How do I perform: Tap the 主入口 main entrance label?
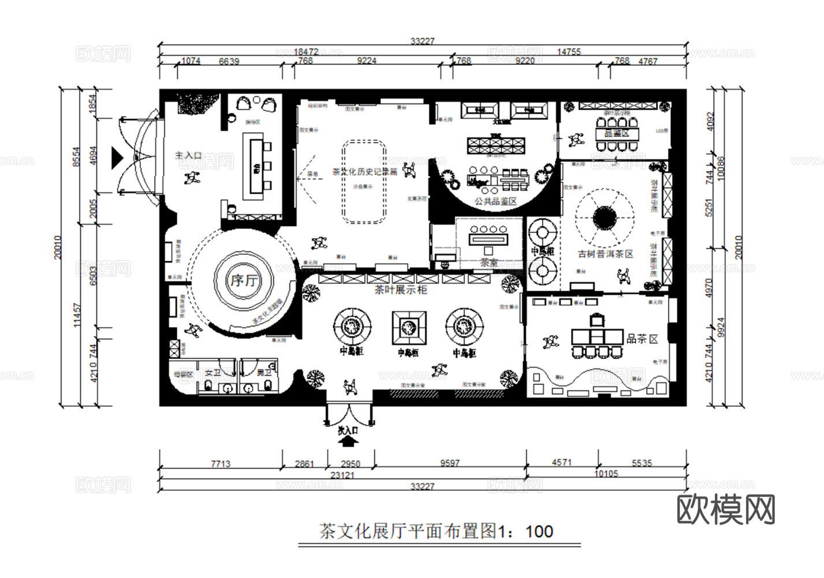point(188,155)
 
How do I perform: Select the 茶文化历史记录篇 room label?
point(365,172)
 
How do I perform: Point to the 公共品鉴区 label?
point(495,201)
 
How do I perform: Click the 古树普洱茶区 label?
point(606,254)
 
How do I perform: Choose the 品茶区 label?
point(643,339)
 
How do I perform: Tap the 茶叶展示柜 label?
point(400,290)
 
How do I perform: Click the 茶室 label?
point(489,262)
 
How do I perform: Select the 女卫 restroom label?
point(213,373)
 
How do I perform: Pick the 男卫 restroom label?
point(264,373)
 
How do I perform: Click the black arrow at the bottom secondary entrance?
point(348,442)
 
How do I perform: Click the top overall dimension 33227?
point(422,41)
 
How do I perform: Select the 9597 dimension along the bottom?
point(450,463)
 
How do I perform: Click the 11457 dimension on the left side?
point(77,315)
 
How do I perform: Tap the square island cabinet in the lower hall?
point(409,328)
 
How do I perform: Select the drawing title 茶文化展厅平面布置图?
point(407,531)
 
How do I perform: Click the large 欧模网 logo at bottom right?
point(726,509)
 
